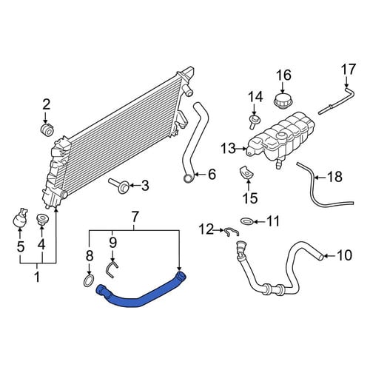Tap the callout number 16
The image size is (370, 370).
pos(283,75)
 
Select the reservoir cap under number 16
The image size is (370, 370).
pos(283,101)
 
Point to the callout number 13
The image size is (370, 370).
pos(228,149)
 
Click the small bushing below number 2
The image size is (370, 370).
pos(47,129)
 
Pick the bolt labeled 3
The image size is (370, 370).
pos(119,186)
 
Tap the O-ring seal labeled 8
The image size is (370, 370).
pos(89,281)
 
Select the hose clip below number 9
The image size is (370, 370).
pos(112,269)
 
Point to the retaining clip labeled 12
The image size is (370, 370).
pos(232,232)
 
